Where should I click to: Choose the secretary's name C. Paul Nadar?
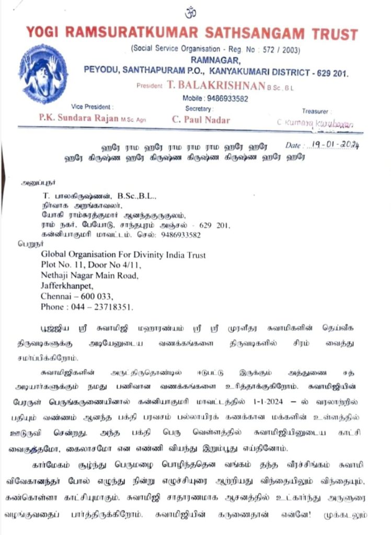(201, 120)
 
